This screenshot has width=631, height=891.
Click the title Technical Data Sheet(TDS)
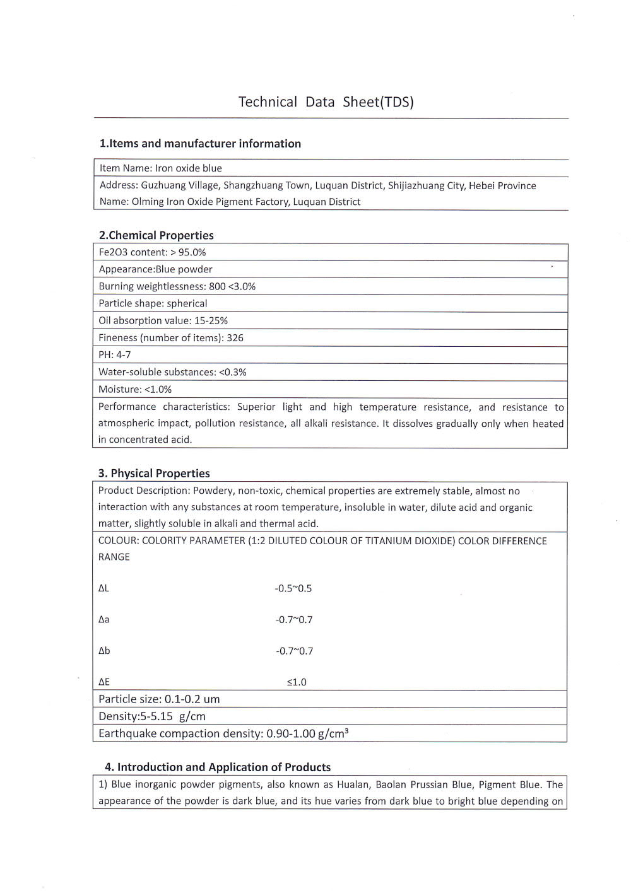[x=326, y=102]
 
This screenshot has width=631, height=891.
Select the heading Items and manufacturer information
[x=200, y=144]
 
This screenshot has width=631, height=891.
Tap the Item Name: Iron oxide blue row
[x=160, y=168]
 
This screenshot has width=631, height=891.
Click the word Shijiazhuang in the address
[x=417, y=186]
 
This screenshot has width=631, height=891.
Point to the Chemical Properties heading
[x=156, y=236]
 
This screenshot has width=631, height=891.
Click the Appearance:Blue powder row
[x=155, y=270]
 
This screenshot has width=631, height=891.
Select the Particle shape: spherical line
[x=153, y=304]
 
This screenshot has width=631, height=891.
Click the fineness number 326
[x=235, y=338]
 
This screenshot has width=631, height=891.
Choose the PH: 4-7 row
[x=115, y=355]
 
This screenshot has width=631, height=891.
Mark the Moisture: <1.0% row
[x=135, y=390]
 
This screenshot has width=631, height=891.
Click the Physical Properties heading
[x=154, y=474]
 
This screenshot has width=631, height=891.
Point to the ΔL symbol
[x=103, y=588]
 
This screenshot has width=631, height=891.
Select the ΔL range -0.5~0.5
[x=293, y=589]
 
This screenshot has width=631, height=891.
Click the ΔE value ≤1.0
[x=297, y=682]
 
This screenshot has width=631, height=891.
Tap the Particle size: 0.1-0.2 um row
[x=159, y=699]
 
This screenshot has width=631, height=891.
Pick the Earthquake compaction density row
[x=223, y=734]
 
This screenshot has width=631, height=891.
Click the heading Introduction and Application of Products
[x=218, y=767]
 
